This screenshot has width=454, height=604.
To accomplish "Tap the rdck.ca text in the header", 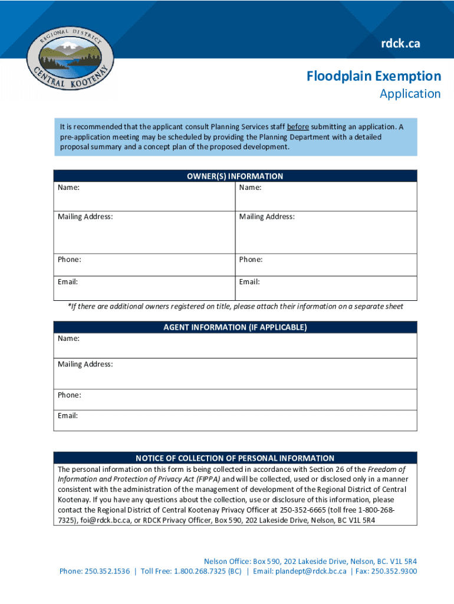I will click(400, 43).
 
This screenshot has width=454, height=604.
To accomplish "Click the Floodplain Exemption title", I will click(373, 76).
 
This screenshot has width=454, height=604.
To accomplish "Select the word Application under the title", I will click(410, 94).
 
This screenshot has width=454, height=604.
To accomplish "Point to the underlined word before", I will click(298, 127).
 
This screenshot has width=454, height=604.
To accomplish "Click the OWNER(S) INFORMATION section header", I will click(235, 176).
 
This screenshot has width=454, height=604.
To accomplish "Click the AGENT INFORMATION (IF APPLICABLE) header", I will click(235, 327).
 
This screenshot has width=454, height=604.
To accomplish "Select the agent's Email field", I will click(235, 421).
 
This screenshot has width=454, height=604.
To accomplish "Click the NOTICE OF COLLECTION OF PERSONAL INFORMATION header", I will click(235, 458).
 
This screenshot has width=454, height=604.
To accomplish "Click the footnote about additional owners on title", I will click(235, 307).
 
